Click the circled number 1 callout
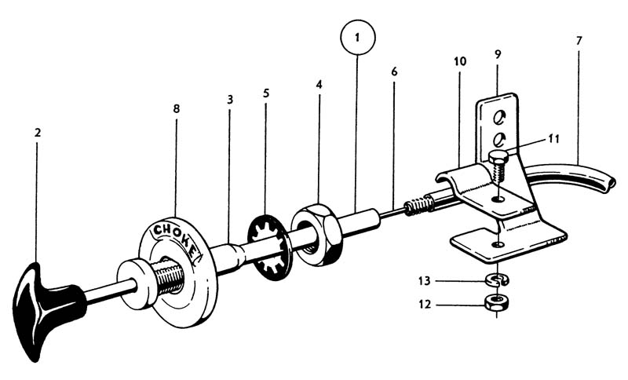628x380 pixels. [x=357, y=38]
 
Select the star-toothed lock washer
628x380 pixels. [x=269, y=249]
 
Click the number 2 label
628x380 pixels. [x=37, y=133]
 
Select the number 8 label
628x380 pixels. [x=176, y=108]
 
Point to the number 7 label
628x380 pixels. [x=579, y=39]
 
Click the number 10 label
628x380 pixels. [x=459, y=60]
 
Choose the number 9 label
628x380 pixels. [x=498, y=54]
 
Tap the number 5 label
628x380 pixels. [x=266, y=93]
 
